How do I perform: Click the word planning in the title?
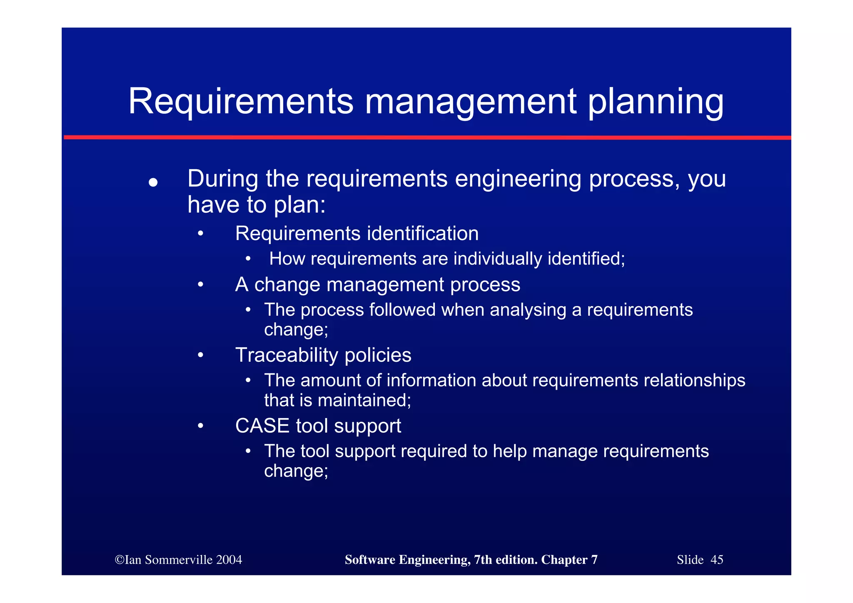click(656, 103)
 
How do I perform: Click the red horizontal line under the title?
click(427, 137)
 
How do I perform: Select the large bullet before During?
click(153, 183)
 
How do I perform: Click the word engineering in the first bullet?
click(518, 179)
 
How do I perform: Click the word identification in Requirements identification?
click(423, 233)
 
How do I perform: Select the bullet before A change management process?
click(201, 285)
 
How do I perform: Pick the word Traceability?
click(287, 355)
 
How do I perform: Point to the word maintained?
click(364, 400)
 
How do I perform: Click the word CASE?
click(262, 426)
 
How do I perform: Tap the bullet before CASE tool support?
click(201, 426)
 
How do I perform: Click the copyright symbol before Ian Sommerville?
click(120, 560)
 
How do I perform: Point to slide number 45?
click(716, 560)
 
